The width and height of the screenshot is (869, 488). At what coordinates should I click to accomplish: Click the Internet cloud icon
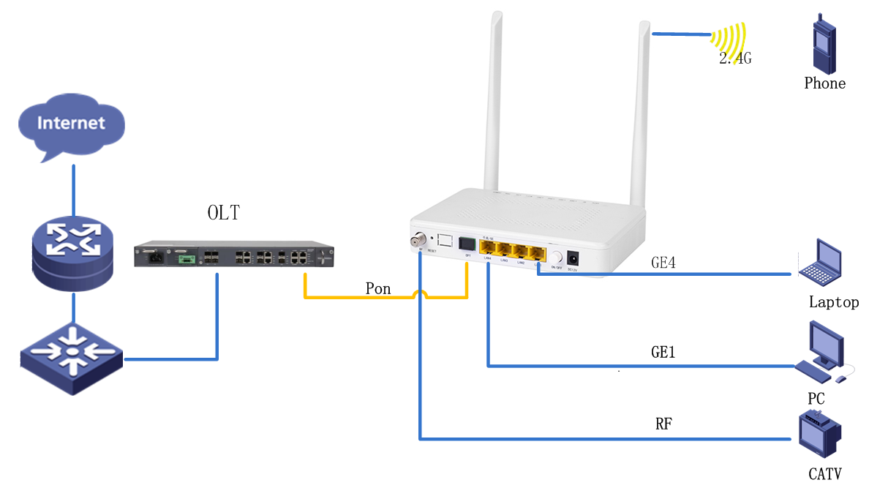72,126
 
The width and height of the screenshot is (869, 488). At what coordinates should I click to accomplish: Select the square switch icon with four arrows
71,355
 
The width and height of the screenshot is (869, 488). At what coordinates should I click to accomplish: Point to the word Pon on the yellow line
378,289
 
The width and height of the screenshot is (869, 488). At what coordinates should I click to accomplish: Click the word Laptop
833,302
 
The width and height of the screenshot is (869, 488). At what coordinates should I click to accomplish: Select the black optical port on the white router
466,244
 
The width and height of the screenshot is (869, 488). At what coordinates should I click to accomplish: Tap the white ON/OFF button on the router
555,258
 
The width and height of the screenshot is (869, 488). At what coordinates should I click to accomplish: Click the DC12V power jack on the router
573,258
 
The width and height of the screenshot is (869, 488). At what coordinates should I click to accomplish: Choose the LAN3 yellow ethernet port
504,249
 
